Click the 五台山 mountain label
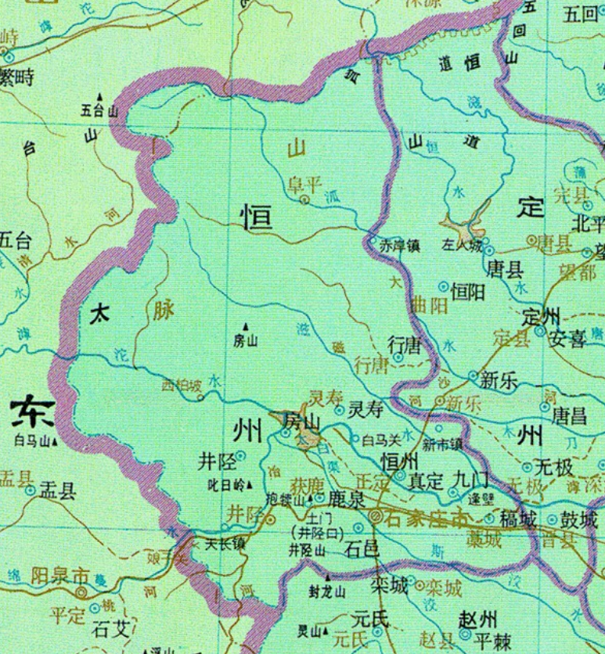(99, 110)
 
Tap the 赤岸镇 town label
(401, 246)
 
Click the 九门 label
(468, 476)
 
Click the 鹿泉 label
(346, 498)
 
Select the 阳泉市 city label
(59, 575)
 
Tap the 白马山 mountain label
(32, 440)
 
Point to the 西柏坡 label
(181, 385)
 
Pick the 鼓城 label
(579, 519)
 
